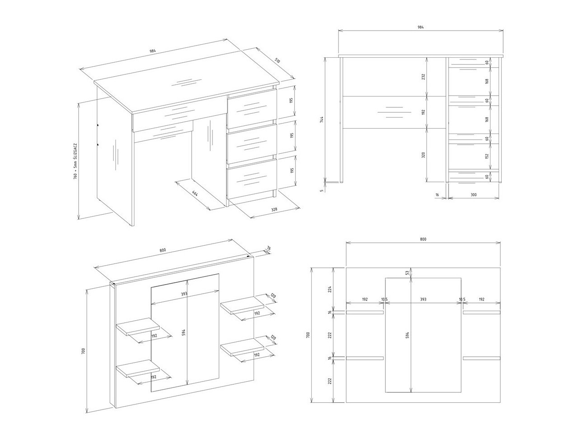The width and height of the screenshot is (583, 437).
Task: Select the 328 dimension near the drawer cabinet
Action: (274, 209)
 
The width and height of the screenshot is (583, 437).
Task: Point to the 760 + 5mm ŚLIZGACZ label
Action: (75, 161)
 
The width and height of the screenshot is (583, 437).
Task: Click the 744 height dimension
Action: (321, 120)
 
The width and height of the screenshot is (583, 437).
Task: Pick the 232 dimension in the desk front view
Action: (423, 77)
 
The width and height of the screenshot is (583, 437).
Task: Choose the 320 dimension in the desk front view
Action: (423, 155)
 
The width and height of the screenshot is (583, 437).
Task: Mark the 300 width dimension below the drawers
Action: (473, 195)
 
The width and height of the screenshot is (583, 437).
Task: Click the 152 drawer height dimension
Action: (487, 156)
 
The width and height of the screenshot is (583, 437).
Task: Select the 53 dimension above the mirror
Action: (407, 272)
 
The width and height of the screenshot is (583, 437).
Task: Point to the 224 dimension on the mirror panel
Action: (330, 289)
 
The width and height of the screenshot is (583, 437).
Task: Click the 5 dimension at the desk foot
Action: (321, 190)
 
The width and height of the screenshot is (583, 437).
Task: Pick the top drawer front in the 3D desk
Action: (252, 109)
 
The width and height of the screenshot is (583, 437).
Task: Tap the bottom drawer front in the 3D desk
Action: (252, 179)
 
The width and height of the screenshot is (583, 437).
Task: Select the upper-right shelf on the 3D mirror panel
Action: (242, 305)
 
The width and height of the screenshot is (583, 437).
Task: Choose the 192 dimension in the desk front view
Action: (423, 112)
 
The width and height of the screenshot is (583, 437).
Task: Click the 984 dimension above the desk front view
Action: (421, 27)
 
